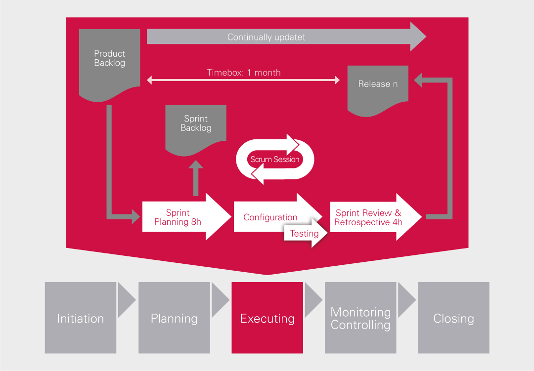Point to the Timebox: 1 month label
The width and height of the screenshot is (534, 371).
244,73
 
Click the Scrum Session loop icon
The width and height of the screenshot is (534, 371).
275,160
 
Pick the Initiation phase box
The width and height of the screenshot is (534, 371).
81,318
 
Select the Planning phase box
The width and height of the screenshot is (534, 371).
174,318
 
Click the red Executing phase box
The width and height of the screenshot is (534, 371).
267,318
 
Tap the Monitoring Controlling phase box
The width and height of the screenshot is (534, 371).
360,318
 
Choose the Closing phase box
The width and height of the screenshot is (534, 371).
453,318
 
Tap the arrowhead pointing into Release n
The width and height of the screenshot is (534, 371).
419,80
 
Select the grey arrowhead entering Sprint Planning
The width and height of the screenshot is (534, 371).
134,216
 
